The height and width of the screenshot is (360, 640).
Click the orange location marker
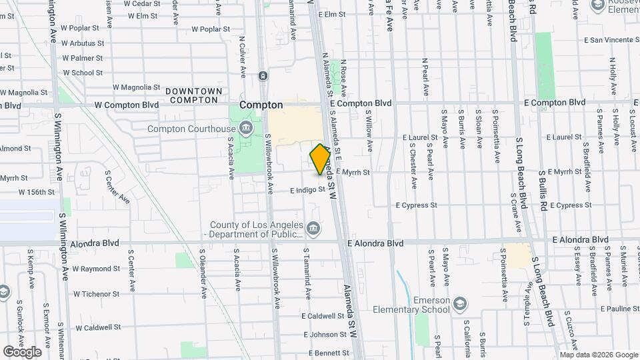321,160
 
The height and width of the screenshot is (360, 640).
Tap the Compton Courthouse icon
247,127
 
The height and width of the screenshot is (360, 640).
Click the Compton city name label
261,105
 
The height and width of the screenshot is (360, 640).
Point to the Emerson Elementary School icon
459,305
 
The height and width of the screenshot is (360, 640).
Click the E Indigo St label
307,190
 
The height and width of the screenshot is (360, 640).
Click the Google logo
22,351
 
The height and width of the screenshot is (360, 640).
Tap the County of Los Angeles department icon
313,230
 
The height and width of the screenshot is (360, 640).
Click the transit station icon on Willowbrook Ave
264,76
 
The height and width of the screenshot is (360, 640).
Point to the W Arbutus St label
82,43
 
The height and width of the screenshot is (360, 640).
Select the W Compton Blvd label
127,105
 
